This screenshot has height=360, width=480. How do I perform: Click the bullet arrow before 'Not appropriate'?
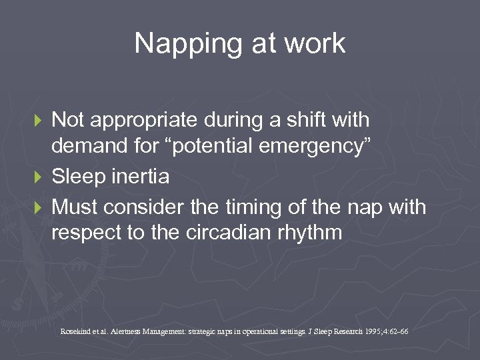38,121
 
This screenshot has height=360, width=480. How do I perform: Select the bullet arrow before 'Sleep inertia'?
38,178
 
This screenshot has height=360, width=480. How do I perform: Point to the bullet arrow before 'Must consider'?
38,207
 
